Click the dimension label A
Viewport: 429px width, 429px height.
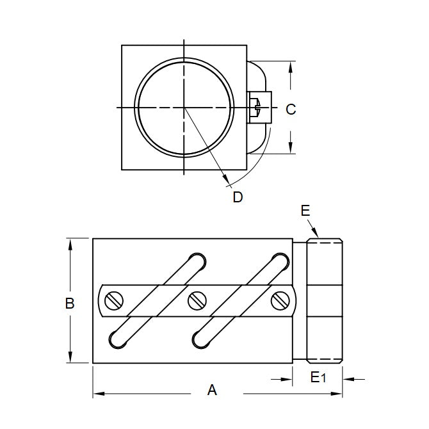(x=213, y=389)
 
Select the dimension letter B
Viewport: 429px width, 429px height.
(x=70, y=303)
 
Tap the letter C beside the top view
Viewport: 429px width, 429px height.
(x=291, y=109)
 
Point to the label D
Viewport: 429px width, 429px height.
(x=238, y=197)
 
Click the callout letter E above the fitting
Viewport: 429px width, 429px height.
(x=305, y=210)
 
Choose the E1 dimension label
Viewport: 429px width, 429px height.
(x=318, y=378)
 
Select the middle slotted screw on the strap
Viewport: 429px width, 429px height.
(x=196, y=300)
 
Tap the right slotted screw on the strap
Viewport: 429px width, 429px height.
(x=280, y=300)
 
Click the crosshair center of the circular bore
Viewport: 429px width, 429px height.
(x=184, y=108)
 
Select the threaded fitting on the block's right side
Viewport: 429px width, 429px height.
(x=325, y=300)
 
